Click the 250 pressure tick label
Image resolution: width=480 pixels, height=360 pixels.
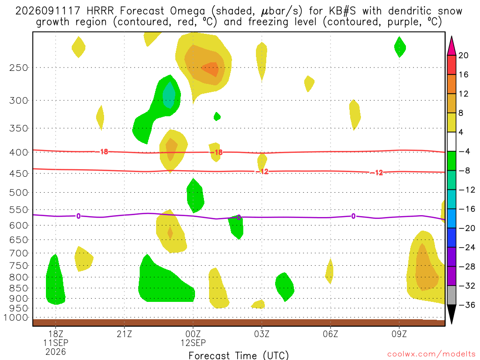(x=19, y=67)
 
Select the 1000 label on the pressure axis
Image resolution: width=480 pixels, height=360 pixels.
(x=16, y=317)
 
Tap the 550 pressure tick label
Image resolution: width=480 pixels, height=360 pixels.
(x=19, y=210)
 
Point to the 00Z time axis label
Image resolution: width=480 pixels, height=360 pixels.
(x=193, y=334)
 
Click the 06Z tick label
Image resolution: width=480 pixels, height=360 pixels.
(x=330, y=334)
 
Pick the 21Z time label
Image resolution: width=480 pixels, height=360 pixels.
(x=124, y=334)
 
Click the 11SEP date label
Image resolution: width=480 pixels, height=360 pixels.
(x=56, y=343)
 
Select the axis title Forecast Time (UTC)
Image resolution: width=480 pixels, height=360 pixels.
(x=239, y=355)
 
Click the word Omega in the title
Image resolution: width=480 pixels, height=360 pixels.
(x=187, y=11)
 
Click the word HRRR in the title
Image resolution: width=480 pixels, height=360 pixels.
(x=100, y=11)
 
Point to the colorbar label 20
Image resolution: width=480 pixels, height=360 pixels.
(x=464, y=55)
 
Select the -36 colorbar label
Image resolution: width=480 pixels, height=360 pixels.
(x=466, y=305)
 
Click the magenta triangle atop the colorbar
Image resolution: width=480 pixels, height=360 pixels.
(x=451, y=46)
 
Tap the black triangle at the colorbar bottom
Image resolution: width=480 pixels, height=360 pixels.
(x=451, y=314)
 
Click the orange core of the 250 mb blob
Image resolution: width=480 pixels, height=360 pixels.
(x=210, y=69)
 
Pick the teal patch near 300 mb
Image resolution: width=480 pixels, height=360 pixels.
(x=169, y=95)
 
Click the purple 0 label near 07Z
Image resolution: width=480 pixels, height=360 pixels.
(x=353, y=217)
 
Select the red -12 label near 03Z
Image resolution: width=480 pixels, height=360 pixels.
(x=262, y=172)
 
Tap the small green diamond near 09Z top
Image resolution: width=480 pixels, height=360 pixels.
(x=400, y=47)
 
